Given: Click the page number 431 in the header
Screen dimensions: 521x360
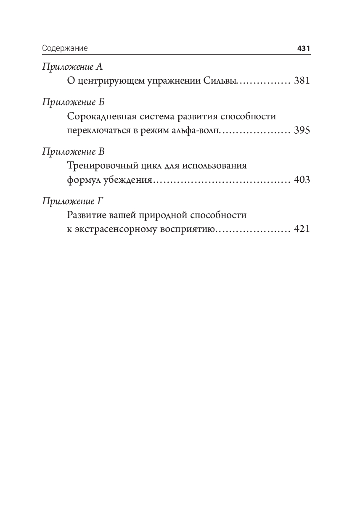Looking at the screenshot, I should pyautogui.click(x=303, y=48).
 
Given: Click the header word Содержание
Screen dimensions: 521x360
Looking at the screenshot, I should pyautogui.click(x=65, y=48).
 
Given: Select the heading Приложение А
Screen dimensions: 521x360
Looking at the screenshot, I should pyautogui.click(x=72, y=67).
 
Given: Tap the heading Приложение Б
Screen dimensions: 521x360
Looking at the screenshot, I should pyautogui.click(x=73, y=102).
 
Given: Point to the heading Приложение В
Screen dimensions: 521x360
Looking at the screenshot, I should pyautogui.click(x=73, y=151).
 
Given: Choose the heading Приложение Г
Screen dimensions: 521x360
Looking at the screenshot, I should pyautogui.click(x=72, y=201).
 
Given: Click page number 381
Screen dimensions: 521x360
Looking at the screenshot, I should pyautogui.click(x=302, y=81).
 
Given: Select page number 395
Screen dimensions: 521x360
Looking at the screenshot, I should pyautogui.click(x=302, y=131).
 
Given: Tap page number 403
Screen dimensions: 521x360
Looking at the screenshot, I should pyautogui.click(x=302, y=180).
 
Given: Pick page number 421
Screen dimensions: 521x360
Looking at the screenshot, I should pyautogui.click(x=302, y=230).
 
